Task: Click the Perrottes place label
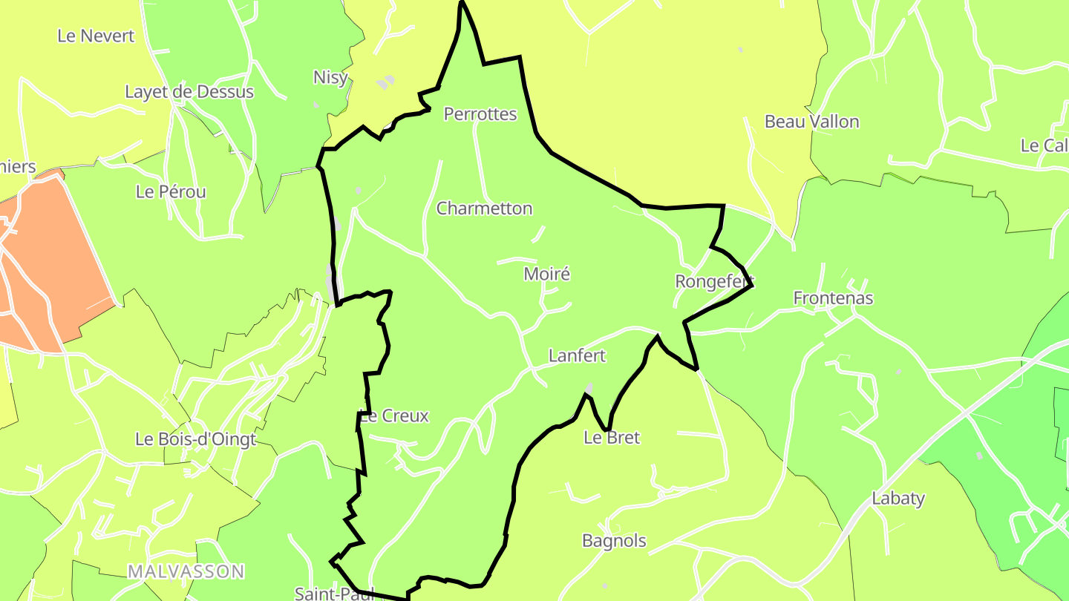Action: pos(480,114)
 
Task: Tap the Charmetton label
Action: pos(484,208)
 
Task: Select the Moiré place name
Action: pos(547,274)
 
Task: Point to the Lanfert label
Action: pos(577,355)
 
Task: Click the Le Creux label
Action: pos(394,416)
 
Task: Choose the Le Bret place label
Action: pos(612,437)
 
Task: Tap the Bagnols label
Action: pos(614,541)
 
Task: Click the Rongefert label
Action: pos(714,281)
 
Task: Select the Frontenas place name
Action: pos(833,298)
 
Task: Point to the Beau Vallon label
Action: pos(811,122)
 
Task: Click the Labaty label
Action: pos(898,498)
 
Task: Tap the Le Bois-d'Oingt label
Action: pos(195,439)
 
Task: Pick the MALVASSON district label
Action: pos(186,571)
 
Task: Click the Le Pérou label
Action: pos(171,191)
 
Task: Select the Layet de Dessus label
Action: pos(189,92)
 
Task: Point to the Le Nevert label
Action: pos(97,36)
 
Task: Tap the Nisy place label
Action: pos(330,77)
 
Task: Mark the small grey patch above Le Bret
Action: pos(589,387)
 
